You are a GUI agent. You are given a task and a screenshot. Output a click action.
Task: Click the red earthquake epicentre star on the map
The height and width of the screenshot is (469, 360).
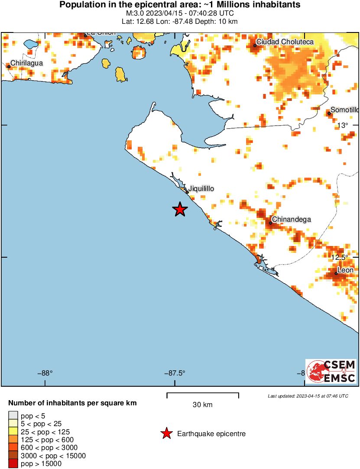[180, 210]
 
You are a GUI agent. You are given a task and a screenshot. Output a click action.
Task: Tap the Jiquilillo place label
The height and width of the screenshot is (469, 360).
[201, 189]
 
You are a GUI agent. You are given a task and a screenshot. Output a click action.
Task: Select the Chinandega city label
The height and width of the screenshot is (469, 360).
[292, 220]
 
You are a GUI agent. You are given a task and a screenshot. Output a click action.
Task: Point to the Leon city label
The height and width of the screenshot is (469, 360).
[345, 270]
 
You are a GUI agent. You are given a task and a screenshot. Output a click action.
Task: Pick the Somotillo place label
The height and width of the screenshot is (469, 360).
[344, 110]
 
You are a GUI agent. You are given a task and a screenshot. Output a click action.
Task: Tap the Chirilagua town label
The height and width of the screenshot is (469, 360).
[26, 63]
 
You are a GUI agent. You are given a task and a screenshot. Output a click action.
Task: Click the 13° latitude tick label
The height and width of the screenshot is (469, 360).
[342, 126]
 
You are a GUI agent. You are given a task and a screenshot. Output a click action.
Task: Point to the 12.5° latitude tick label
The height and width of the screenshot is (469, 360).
[340, 257]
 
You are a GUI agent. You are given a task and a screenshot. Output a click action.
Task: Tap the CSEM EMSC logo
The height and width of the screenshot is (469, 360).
[331, 371]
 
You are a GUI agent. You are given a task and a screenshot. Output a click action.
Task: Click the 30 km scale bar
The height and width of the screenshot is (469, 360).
[203, 394]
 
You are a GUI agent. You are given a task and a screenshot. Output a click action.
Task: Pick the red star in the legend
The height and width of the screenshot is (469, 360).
[166, 433]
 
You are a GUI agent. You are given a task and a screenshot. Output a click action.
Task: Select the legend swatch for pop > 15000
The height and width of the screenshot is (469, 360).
[13, 464]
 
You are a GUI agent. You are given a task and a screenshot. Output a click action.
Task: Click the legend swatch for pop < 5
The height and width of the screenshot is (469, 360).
[13, 416]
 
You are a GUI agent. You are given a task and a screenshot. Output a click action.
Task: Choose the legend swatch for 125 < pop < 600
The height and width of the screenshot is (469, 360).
[13, 440]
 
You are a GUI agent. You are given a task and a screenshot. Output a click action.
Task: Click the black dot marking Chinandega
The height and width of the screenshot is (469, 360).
[270, 223]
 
